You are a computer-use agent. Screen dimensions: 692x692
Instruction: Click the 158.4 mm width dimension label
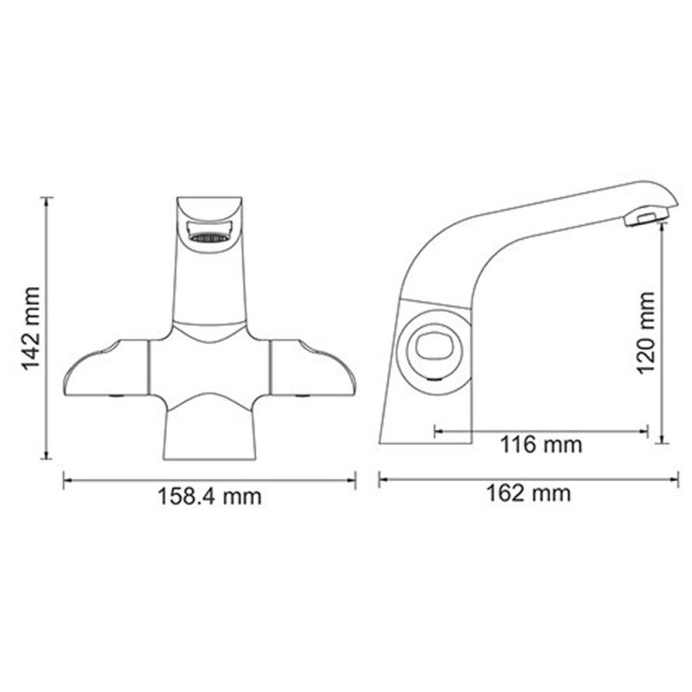[x=208, y=497]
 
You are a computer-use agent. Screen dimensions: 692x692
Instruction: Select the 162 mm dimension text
[x=528, y=494]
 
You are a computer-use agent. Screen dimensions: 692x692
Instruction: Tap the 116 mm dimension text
[x=541, y=445]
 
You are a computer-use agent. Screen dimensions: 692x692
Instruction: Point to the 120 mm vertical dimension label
[x=645, y=332]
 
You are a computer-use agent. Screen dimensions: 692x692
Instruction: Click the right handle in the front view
[x=311, y=369]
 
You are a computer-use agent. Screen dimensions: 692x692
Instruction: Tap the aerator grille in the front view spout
[x=209, y=234]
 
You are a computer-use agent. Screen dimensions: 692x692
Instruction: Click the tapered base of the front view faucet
[x=209, y=437]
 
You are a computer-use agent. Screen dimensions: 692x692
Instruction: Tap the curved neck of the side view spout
[x=441, y=251]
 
